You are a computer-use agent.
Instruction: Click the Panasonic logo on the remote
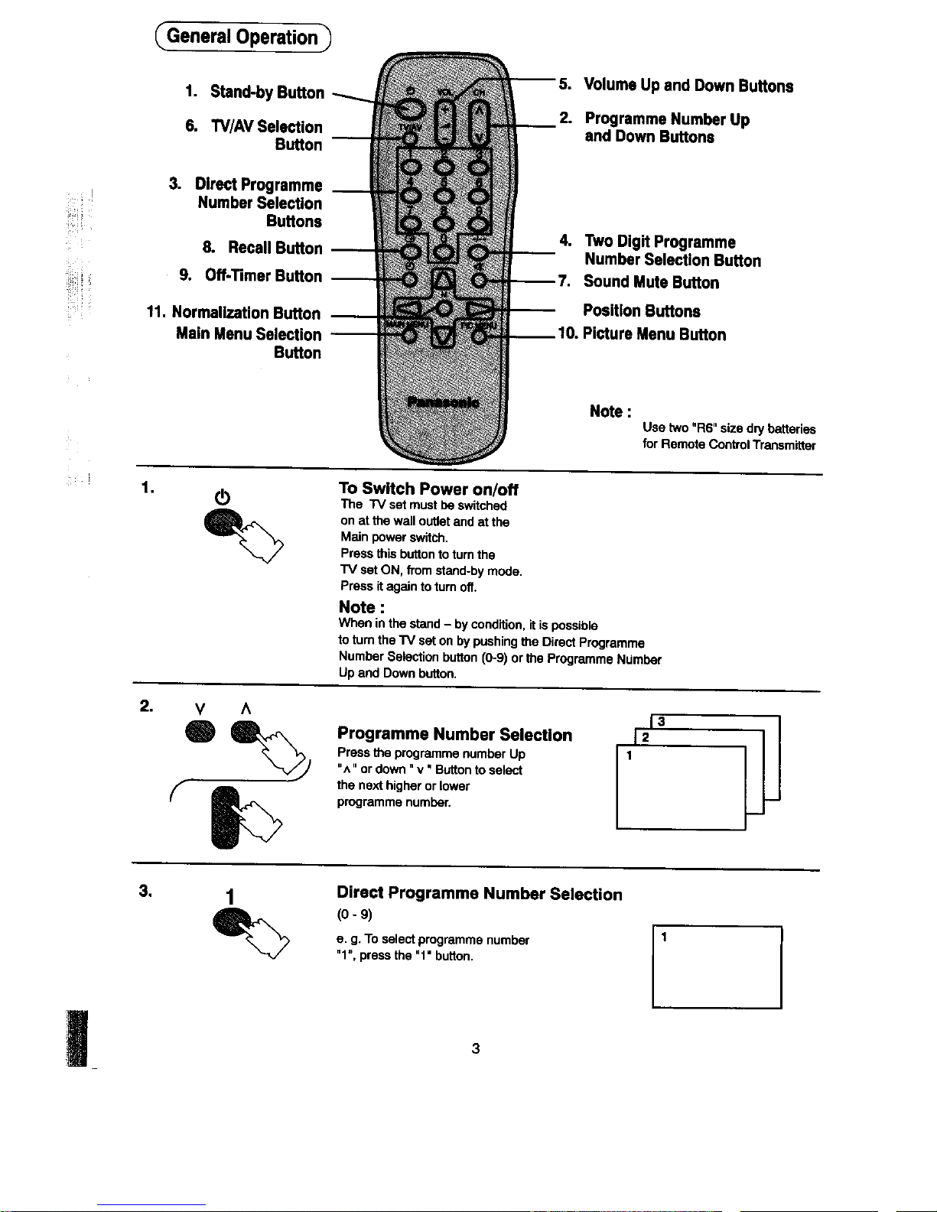pyautogui.click(x=444, y=402)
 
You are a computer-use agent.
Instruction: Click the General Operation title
pyautogui.click(x=242, y=37)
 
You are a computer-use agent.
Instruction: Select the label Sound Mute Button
pyautogui.click(x=651, y=282)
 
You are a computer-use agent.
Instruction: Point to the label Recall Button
pyautogui.click(x=275, y=248)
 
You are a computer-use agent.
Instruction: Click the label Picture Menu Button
pyautogui.click(x=654, y=334)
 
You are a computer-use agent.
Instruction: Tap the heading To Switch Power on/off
pyautogui.click(x=428, y=489)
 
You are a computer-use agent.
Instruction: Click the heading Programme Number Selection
pyautogui.click(x=454, y=735)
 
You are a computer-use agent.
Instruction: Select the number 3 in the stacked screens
pyautogui.click(x=661, y=721)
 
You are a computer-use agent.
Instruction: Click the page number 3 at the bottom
pyautogui.click(x=475, y=1048)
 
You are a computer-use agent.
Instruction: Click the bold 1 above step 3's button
pyautogui.click(x=229, y=895)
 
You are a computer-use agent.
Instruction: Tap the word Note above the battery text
pyautogui.click(x=610, y=411)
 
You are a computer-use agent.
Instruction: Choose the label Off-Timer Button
pyautogui.click(x=262, y=276)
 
